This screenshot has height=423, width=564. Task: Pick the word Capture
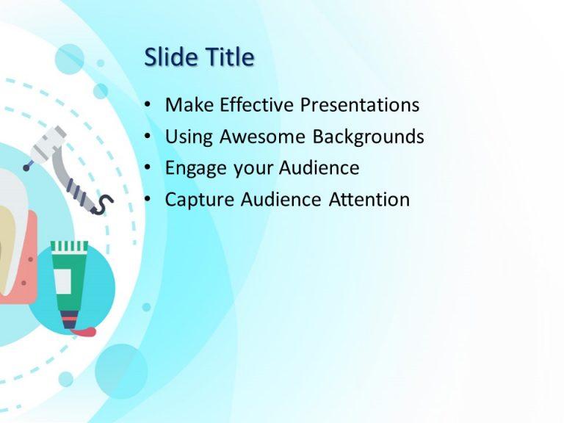pos(197,200)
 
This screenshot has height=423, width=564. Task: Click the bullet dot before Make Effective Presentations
pos(149,106)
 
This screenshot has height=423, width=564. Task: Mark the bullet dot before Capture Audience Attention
pos(149,200)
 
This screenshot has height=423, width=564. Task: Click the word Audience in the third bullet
pos(319,168)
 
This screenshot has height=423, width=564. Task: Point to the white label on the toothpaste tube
pos(63,279)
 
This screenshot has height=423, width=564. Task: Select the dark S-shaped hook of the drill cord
pos(105,204)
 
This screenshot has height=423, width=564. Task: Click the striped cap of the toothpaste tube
pos(69,247)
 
